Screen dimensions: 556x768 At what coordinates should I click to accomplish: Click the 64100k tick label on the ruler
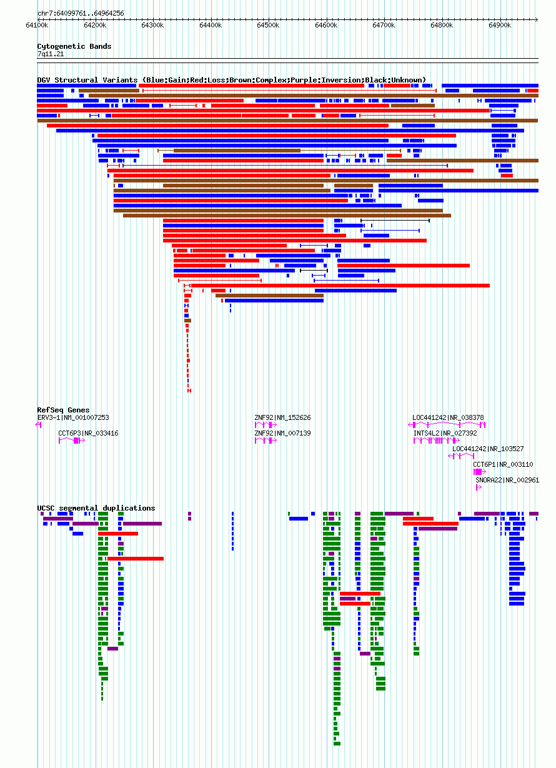click(x=37, y=26)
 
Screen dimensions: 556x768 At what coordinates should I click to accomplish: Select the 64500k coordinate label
click(x=268, y=26)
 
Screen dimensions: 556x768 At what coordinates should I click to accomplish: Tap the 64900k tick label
click(x=500, y=26)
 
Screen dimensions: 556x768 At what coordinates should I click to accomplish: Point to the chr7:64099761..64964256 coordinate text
click(x=81, y=13)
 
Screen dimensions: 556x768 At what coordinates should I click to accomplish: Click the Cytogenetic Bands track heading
click(x=74, y=46)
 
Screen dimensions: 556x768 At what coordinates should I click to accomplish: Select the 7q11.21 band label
click(x=51, y=54)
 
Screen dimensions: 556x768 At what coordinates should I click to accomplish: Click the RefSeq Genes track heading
click(x=64, y=410)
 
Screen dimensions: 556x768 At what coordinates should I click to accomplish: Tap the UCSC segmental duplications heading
click(x=96, y=508)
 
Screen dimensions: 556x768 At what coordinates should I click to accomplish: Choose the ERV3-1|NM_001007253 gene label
click(x=73, y=417)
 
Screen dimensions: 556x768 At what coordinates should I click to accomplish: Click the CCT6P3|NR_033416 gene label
click(x=89, y=434)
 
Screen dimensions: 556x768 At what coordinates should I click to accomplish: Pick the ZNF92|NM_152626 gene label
click(x=283, y=417)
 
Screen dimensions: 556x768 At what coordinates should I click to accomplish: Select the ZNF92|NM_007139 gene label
click(x=283, y=434)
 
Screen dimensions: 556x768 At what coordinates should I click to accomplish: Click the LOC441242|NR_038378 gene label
click(x=448, y=417)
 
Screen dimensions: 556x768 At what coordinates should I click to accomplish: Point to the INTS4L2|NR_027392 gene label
click(x=445, y=434)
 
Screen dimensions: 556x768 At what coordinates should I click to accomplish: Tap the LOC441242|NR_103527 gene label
click(x=488, y=449)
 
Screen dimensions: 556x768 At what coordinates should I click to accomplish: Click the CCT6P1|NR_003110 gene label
click(x=503, y=464)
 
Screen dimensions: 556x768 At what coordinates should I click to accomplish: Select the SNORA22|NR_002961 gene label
click(x=507, y=481)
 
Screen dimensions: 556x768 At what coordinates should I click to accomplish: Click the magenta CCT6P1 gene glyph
click(x=480, y=472)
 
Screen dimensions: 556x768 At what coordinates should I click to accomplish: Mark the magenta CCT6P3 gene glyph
click(x=72, y=441)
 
